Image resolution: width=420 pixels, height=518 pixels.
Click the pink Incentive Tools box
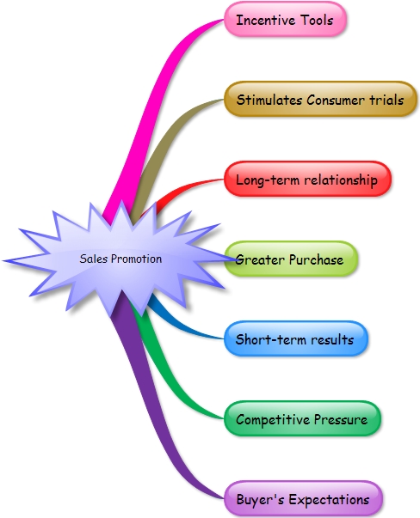coord(285,19)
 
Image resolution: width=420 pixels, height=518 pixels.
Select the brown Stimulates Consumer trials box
coord(320,99)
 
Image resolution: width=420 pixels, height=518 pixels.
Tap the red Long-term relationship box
coord(307,179)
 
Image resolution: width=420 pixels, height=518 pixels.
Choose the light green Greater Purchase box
coord(291,259)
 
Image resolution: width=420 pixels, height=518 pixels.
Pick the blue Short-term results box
coord(296,338)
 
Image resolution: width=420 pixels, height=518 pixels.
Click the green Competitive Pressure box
coord(302,418)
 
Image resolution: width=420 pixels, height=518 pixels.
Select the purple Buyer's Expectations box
coord(304,498)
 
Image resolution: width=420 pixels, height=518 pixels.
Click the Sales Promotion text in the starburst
coord(120,259)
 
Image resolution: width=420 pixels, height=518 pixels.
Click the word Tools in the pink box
coord(317,20)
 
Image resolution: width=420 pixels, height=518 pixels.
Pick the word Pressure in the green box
coord(341,419)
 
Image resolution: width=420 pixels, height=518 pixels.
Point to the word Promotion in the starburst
coord(136,259)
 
